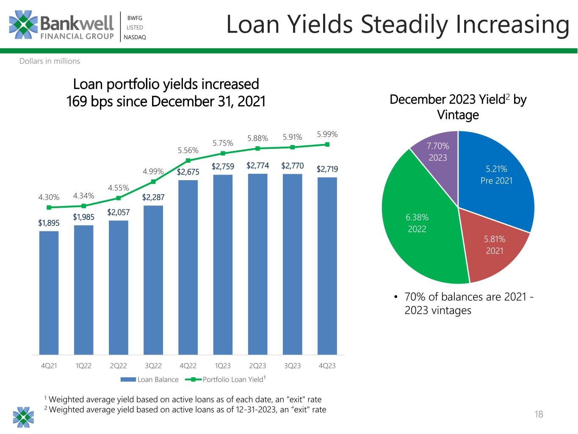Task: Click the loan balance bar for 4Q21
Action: point(49,292)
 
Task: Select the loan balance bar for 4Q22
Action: point(188,267)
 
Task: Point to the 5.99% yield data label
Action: point(327,134)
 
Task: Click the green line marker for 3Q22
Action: point(153,181)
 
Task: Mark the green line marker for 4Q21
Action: point(49,207)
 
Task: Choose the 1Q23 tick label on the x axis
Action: point(223,365)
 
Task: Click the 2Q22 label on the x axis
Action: point(118,365)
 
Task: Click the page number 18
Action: point(539,414)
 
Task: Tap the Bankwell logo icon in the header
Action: point(24,25)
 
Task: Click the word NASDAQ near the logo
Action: point(135,37)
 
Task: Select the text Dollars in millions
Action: point(50,61)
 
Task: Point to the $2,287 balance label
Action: point(153,197)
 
